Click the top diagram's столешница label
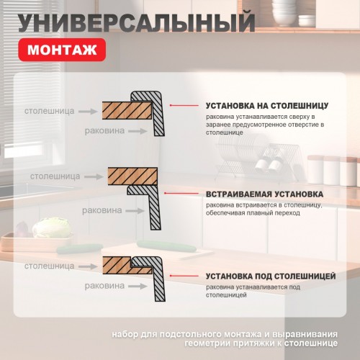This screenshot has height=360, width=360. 47,112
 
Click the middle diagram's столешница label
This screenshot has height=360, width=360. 54,175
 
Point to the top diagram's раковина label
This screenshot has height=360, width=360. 104,131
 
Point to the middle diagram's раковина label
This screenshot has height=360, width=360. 103,211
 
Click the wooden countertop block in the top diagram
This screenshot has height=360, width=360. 126,111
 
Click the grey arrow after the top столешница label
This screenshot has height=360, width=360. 86,112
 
